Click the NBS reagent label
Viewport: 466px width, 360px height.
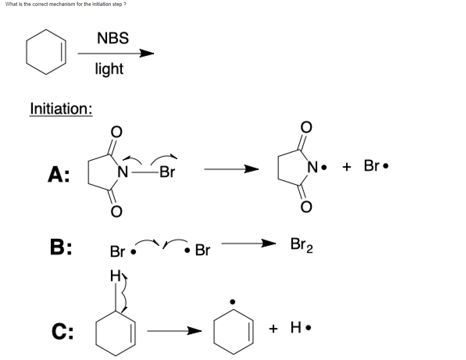point(112,38)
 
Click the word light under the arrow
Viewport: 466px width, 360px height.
point(109,69)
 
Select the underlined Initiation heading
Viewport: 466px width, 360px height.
point(61,109)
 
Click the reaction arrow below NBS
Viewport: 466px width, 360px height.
point(116,54)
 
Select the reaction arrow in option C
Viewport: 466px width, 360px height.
point(174,331)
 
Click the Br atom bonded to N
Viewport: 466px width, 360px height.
point(167,172)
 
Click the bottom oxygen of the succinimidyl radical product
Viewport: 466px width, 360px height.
point(306,207)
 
